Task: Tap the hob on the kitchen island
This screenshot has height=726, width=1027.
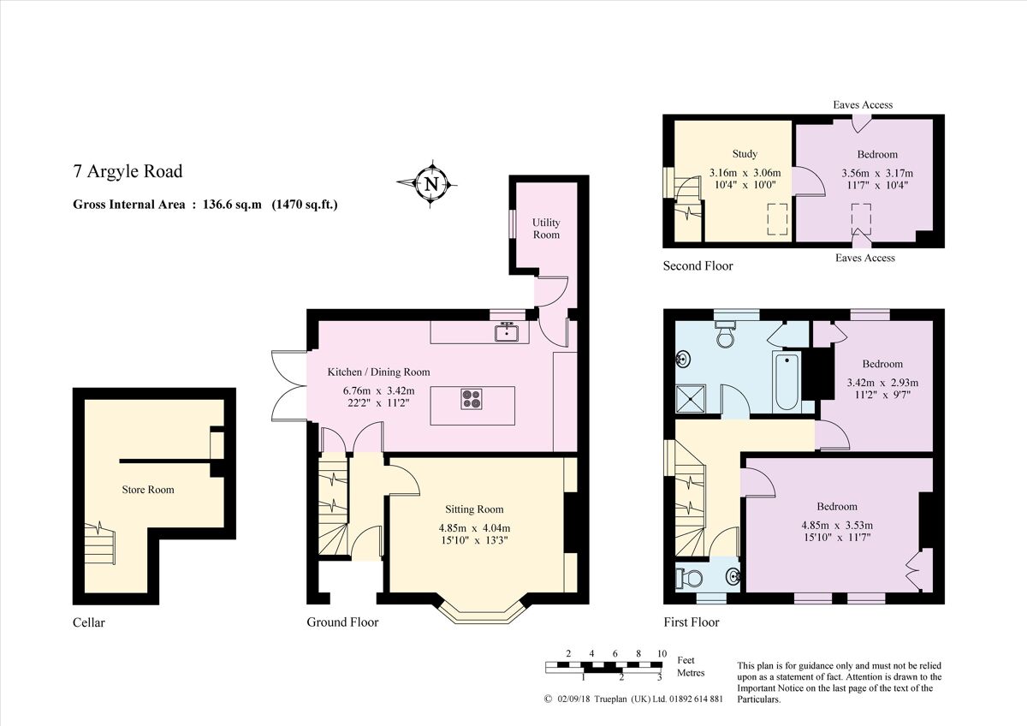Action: tap(472, 399)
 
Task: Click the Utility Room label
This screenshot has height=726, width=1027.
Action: tap(546, 228)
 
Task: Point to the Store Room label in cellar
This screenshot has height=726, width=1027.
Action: tap(147, 490)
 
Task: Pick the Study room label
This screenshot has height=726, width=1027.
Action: tap(745, 154)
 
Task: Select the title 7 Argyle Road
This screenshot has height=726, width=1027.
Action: tap(128, 171)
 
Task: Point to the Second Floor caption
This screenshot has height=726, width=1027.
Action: tap(698, 266)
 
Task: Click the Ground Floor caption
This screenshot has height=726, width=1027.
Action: tap(342, 622)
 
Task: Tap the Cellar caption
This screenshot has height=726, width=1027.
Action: tap(89, 622)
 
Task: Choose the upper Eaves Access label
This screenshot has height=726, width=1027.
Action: tap(863, 104)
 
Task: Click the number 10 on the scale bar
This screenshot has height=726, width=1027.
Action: tap(662, 653)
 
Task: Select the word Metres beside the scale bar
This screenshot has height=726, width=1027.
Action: tap(691, 673)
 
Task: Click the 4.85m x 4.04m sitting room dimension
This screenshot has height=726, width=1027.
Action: tap(474, 527)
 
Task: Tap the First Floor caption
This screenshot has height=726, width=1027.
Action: tap(692, 622)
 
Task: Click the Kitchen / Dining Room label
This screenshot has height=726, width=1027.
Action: tap(379, 372)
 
